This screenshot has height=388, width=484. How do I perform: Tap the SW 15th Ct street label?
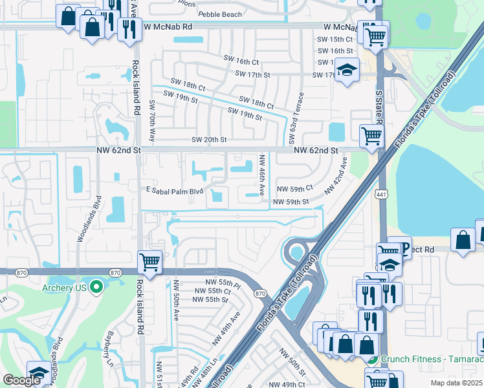(x=335, y=40)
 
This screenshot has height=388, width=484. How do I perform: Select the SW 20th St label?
(x=209, y=140)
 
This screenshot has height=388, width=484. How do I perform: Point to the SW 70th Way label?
(x=153, y=121)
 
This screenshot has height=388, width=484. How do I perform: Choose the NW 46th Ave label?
(x=262, y=175)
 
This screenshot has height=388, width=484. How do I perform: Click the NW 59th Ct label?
(x=294, y=189)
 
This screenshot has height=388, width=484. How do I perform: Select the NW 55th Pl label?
(x=224, y=284)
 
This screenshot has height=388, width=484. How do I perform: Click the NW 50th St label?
(x=292, y=361)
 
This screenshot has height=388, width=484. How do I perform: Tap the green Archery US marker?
(x=96, y=286)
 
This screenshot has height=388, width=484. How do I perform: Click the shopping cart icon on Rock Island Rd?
(x=149, y=263)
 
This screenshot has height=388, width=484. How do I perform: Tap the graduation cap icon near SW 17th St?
(x=347, y=70)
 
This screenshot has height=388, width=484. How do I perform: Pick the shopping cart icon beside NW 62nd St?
(x=371, y=136)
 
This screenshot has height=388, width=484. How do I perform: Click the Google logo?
(x=21, y=380)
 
